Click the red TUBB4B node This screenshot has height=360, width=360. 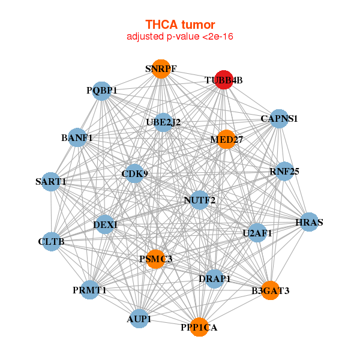click(x=223, y=80)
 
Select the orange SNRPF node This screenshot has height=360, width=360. click(x=160, y=68)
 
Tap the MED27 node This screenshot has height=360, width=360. click(x=226, y=140)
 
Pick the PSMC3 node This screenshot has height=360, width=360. click(x=155, y=259)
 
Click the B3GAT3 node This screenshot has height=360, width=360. click(x=270, y=290)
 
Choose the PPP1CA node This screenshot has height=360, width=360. click(x=199, y=327)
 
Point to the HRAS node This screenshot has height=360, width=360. click(x=309, y=223)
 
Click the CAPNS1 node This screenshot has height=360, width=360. click(x=279, y=119)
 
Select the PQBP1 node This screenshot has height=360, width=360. click(x=102, y=91)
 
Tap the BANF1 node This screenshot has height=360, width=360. click(x=77, y=138)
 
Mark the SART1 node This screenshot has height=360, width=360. click(x=51, y=181)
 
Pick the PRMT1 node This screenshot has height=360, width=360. click(x=89, y=290)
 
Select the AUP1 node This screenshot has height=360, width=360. click(x=139, y=319)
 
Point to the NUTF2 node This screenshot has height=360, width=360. click(x=200, y=199)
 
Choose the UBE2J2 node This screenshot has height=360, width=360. click(x=163, y=122)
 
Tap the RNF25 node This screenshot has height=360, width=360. click(x=284, y=172)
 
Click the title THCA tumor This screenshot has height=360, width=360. click(x=180, y=25)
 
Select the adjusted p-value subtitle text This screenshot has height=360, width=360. click(x=180, y=37)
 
